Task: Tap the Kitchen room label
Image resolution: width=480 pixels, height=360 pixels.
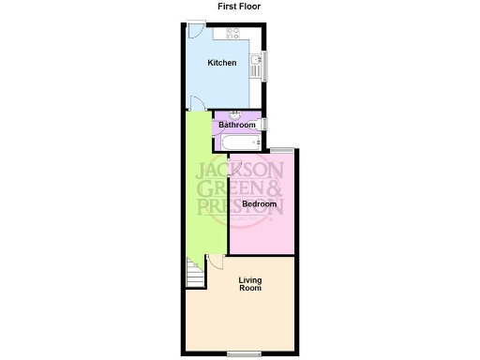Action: click(x=221, y=63)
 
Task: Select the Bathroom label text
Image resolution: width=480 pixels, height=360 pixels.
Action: click(x=237, y=125)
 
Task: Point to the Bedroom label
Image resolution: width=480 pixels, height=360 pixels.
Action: click(x=260, y=203)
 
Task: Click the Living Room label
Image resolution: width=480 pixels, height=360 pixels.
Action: click(x=250, y=284)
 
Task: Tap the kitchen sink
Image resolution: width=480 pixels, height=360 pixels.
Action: click(x=255, y=64)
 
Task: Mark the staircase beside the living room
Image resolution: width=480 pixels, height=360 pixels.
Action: click(x=195, y=273)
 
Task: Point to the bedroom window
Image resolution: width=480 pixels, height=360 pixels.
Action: click(x=283, y=149)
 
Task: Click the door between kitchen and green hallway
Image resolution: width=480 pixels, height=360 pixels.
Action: click(x=196, y=103)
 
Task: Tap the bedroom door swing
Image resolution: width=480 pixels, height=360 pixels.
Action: click(x=235, y=167)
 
